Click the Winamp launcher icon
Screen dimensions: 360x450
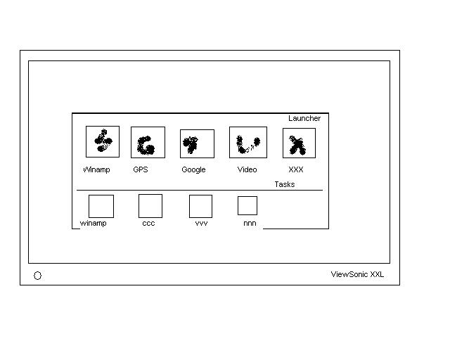click(103, 141)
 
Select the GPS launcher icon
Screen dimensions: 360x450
click(148, 142)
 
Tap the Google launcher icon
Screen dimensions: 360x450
click(197, 143)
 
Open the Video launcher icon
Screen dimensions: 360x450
click(248, 142)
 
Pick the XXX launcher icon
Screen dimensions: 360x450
click(299, 143)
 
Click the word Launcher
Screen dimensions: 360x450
click(304, 118)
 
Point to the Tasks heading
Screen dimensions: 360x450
click(284, 184)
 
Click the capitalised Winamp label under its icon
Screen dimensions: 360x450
click(96, 169)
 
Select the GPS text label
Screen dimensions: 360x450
click(141, 169)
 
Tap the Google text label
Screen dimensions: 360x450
click(193, 169)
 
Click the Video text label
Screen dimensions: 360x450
click(247, 169)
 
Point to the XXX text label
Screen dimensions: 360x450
click(295, 169)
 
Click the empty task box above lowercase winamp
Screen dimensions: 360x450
click(101, 206)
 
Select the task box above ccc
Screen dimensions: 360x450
click(150, 206)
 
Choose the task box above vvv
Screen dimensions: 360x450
click(200, 206)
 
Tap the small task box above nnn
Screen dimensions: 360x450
click(247, 205)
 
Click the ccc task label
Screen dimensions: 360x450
click(148, 224)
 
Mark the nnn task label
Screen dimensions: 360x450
click(250, 224)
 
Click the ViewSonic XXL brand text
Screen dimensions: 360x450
click(357, 275)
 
